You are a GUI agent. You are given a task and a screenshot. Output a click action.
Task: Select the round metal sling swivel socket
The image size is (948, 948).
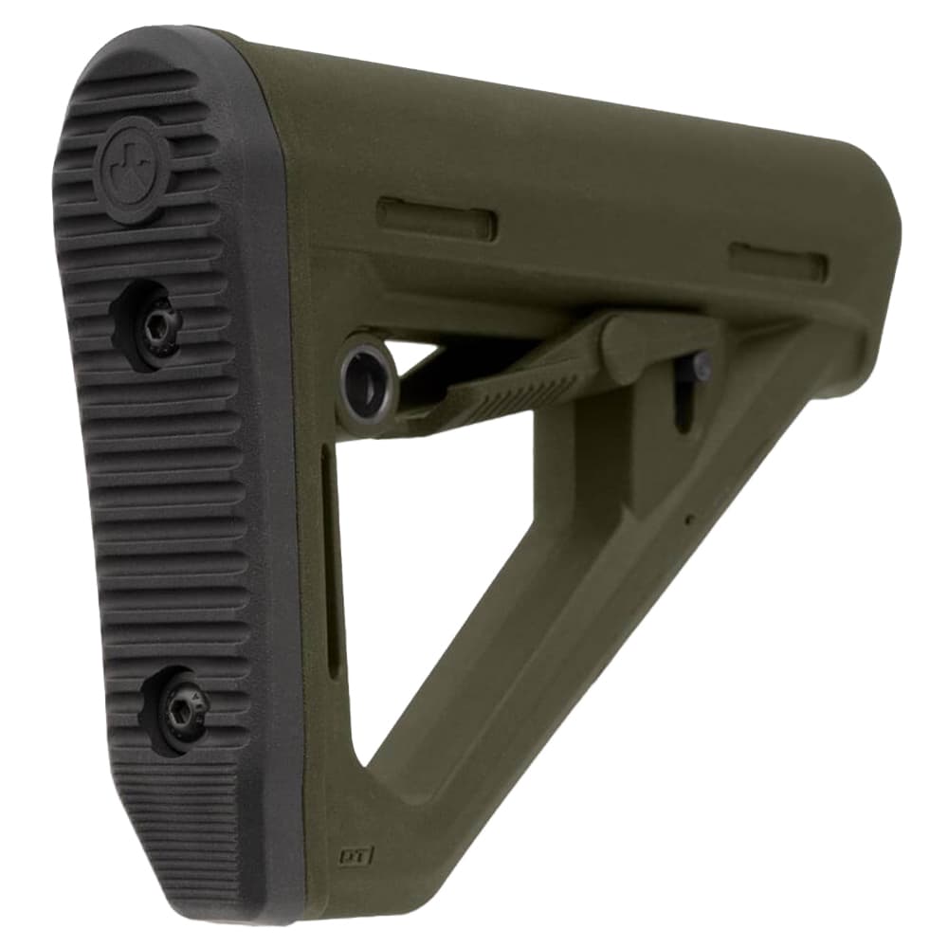(x=368, y=368)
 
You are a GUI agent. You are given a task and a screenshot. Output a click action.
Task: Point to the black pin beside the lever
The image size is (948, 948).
(x=700, y=364)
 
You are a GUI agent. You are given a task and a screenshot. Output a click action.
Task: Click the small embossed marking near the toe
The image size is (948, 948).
(x=357, y=856)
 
